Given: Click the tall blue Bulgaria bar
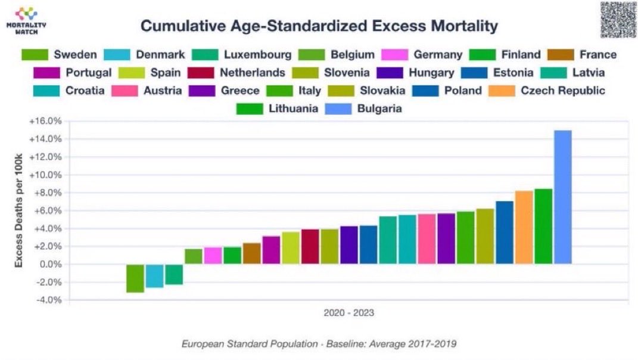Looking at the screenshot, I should coord(562,197).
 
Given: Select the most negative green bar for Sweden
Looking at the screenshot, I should coord(135,278).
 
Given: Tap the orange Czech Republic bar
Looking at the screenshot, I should coord(524,227).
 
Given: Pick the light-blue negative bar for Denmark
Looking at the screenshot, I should coord(154,275).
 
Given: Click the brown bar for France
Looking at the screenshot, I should coord(251,253).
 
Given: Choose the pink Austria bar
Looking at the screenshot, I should coord(427,238).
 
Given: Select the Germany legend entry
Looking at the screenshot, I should coord(437,55).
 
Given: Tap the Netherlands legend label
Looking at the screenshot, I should coord(253,73).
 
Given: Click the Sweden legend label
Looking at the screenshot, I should coord(75,55).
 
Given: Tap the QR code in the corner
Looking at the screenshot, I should coord(617,20).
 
